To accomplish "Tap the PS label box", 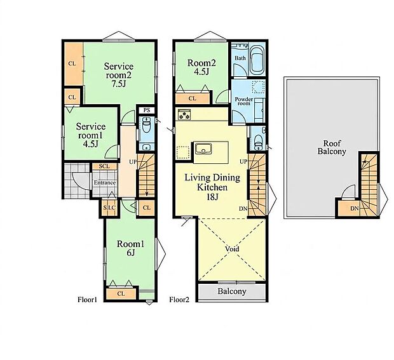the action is (x=147, y=110).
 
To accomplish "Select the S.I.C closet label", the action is (x=109, y=208).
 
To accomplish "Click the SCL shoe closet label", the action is (x=104, y=166).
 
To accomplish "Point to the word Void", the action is (x=232, y=249).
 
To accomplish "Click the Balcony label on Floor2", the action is (x=232, y=291).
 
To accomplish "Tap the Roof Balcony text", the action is (x=332, y=147).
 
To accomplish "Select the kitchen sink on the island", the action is (x=203, y=149).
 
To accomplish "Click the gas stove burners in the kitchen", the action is (x=184, y=114).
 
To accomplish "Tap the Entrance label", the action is (x=105, y=183).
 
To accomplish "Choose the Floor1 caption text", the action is (x=87, y=300).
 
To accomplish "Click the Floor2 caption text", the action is (x=179, y=300).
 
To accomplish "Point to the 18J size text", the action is (x=212, y=197).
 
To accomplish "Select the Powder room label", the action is (x=244, y=101).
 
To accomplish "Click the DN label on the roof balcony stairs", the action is (x=355, y=209).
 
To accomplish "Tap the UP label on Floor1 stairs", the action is (x=133, y=162).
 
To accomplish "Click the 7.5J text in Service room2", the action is (x=119, y=84).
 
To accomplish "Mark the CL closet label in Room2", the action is (x=192, y=98).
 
